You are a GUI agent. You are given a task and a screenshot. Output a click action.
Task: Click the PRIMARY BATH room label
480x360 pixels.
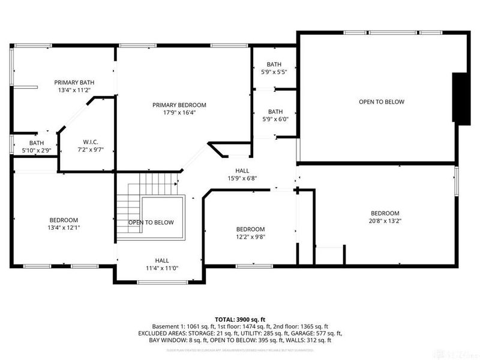[x=74, y=83]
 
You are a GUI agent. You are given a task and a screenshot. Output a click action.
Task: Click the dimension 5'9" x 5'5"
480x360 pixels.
[x=274, y=72]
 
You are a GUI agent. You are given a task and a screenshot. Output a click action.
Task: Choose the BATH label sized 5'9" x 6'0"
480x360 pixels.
[x=275, y=112]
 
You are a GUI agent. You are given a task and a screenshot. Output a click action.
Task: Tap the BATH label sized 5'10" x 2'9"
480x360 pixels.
[x=37, y=143]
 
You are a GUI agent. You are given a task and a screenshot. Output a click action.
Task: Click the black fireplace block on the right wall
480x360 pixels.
[x=461, y=98]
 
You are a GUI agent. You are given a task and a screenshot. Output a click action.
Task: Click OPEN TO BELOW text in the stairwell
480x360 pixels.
[x=151, y=223]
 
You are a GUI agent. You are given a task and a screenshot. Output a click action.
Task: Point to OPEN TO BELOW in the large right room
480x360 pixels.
[x=382, y=102]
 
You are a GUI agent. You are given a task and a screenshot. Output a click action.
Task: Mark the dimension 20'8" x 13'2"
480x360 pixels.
[x=385, y=221]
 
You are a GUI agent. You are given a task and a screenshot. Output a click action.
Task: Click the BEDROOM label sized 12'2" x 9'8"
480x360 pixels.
[x=250, y=229]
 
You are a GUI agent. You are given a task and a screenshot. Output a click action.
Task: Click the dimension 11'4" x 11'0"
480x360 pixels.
[x=162, y=268]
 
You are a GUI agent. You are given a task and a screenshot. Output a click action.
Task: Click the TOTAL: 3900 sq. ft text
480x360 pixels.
[x=240, y=319]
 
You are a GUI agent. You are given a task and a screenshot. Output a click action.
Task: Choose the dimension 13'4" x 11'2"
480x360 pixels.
[x=74, y=90]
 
